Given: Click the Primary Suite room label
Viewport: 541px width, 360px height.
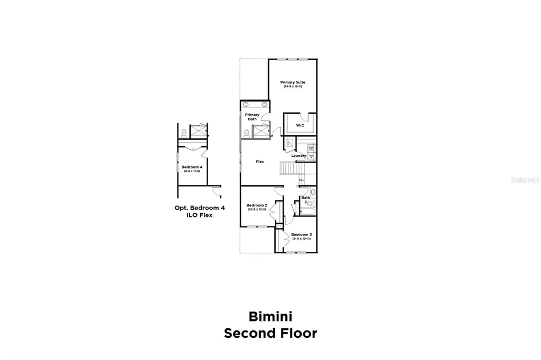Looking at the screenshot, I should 292,82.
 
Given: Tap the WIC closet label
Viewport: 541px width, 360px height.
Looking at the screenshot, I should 300,125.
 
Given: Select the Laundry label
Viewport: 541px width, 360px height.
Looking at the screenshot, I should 299,156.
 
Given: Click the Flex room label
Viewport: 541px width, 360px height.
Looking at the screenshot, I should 260,162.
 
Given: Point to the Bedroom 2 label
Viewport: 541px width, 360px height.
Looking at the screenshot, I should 257,205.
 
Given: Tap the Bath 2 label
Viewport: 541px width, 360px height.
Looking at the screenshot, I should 305,200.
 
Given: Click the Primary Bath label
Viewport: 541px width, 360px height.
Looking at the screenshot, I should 252,117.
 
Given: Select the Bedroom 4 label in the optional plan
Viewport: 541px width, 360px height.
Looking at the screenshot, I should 192,167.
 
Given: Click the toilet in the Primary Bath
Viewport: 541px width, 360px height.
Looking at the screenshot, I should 247,132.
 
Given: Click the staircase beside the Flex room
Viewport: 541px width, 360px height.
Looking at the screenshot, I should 288,168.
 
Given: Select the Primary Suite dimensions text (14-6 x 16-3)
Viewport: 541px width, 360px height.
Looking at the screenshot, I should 292,87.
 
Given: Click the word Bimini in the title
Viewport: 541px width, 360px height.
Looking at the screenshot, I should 270,316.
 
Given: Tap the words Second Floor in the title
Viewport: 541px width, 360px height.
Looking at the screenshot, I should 270,333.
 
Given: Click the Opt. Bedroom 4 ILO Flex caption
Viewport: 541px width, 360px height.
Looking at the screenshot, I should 200,211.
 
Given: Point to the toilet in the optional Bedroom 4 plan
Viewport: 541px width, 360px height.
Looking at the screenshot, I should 183,132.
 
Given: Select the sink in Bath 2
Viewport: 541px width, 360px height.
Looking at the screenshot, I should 313,192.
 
